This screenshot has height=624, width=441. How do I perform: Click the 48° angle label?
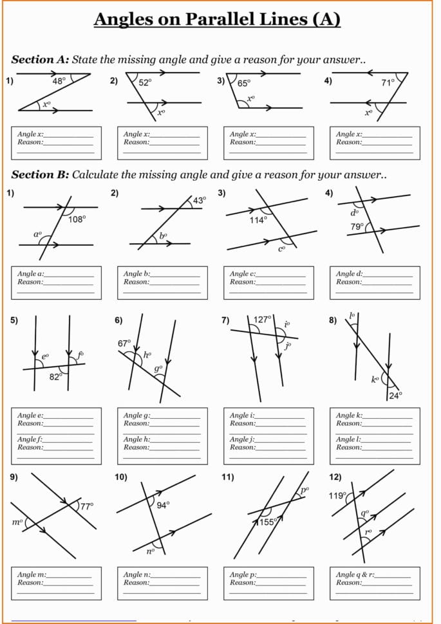point(59,82)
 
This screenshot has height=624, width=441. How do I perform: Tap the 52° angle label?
point(144,82)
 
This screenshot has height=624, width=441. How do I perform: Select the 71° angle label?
point(388,82)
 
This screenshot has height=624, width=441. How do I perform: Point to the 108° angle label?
point(77,219)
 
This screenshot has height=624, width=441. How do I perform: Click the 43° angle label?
point(200,200)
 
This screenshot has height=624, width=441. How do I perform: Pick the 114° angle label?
point(258,219)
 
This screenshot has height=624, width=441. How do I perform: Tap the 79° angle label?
point(357,226)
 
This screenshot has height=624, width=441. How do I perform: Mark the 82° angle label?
point(55,376)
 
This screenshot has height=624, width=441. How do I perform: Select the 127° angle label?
point(262,319)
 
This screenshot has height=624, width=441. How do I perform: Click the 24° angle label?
point(395,395)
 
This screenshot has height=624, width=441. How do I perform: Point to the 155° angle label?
point(268,522)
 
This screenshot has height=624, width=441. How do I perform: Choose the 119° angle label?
point(337,496)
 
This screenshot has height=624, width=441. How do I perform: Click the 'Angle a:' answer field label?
point(31,274)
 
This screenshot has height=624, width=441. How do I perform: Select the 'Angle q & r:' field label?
point(355,574)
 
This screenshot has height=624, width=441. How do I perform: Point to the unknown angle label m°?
point(17,522)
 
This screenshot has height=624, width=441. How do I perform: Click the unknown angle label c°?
point(281,248)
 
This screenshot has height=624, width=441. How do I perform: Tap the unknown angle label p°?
point(305,490)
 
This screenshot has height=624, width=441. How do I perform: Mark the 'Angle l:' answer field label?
point(348,439)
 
